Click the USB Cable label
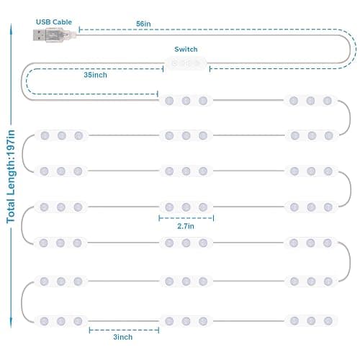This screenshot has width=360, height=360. [54, 22]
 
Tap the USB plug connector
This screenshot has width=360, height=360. [54, 35]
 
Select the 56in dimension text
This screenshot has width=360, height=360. [143, 24]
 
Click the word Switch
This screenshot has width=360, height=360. [186, 49]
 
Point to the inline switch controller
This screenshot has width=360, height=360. [186, 63]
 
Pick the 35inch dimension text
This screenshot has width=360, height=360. [95, 75]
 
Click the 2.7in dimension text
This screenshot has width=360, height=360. [186, 226]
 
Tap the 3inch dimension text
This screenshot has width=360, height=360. [122, 337]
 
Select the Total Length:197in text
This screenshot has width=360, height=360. [11, 176]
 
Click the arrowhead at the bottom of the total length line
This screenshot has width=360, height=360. [11, 323]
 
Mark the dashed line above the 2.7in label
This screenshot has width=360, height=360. [186, 218]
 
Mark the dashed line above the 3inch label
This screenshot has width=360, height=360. [124, 330]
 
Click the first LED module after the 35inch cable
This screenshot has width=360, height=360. [186, 101]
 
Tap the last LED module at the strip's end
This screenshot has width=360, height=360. [311, 320]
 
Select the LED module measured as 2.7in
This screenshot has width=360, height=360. [186, 207]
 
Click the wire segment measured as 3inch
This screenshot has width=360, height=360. [124, 321]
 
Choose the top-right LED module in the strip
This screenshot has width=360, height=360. [310, 101]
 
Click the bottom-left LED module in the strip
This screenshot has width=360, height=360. [61, 321]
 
